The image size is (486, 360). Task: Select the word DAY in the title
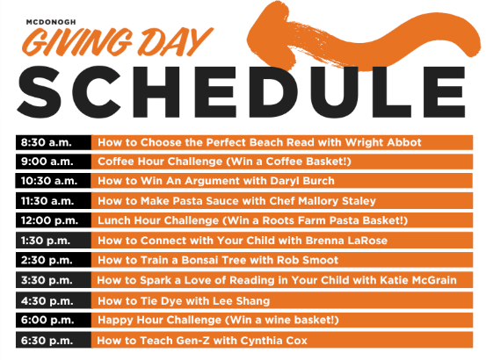(x=173, y=40)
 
